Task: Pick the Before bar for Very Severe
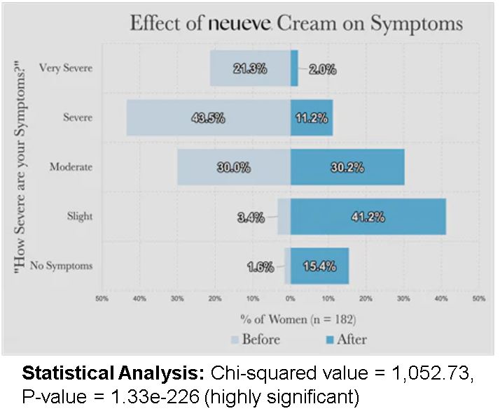click(224, 68)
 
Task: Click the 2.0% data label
click(322, 69)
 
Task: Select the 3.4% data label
click(251, 217)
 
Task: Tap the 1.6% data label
click(260, 266)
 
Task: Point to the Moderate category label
click(71, 167)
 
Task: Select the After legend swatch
click(312, 340)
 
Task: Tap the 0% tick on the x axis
click(291, 298)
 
